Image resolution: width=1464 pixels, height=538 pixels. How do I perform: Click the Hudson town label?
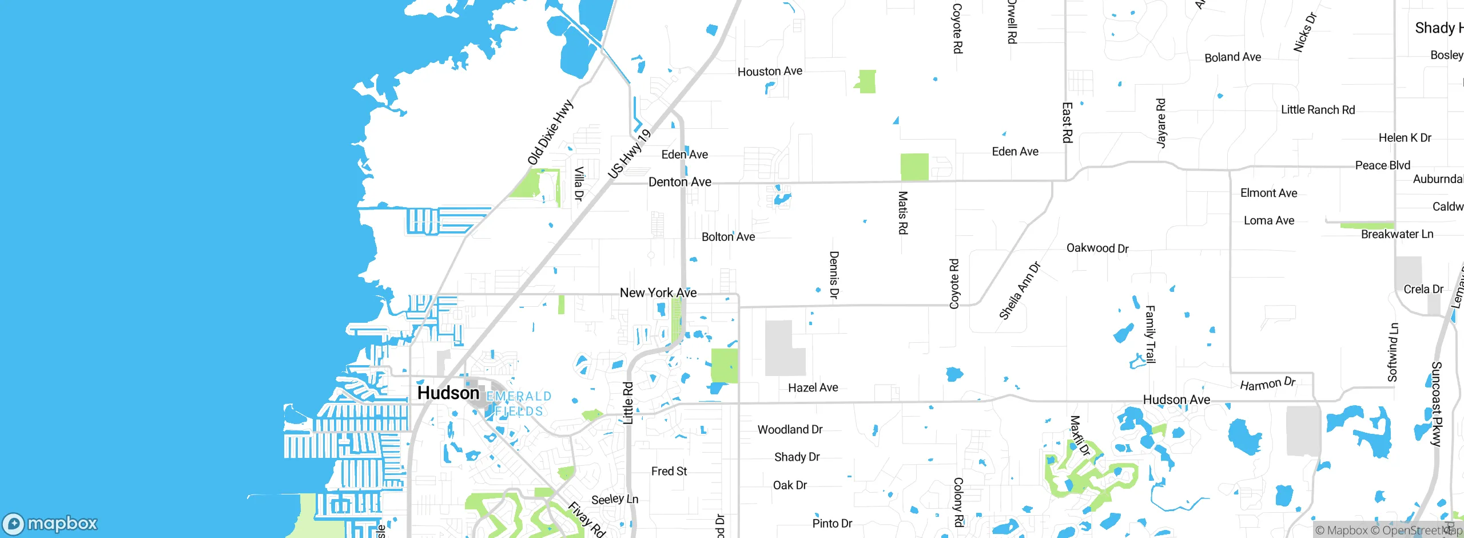(448, 393)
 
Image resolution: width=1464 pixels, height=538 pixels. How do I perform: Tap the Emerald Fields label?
(519, 403)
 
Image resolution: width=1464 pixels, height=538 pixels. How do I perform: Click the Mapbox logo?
(50, 524)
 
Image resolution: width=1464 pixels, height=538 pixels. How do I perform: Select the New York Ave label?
(658, 293)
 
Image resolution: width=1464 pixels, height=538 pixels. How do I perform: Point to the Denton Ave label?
(679, 182)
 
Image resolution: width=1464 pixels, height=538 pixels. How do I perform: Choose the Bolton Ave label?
(728, 237)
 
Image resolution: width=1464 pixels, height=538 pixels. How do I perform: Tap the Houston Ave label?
(770, 72)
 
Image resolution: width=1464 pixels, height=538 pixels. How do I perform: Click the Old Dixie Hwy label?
(550, 133)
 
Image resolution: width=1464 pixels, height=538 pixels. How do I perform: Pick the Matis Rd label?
(902, 213)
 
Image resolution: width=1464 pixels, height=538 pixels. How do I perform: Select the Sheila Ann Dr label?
(1020, 291)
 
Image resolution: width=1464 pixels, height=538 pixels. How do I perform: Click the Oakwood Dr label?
(1097, 248)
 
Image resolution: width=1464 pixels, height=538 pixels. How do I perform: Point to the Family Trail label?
(1150, 335)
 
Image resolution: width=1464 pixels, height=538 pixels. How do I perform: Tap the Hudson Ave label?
(1176, 400)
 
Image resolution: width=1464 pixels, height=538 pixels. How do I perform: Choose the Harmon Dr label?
(1267, 383)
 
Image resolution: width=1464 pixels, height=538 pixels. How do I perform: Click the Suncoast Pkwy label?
(1436, 404)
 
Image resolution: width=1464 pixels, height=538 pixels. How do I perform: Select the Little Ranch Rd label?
(1318, 110)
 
